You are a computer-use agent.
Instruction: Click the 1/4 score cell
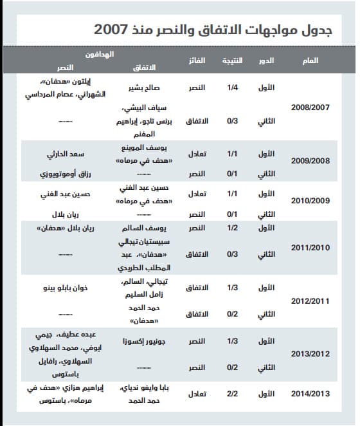tap(233, 86)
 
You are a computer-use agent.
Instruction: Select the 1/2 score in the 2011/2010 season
tap(233, 228)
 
